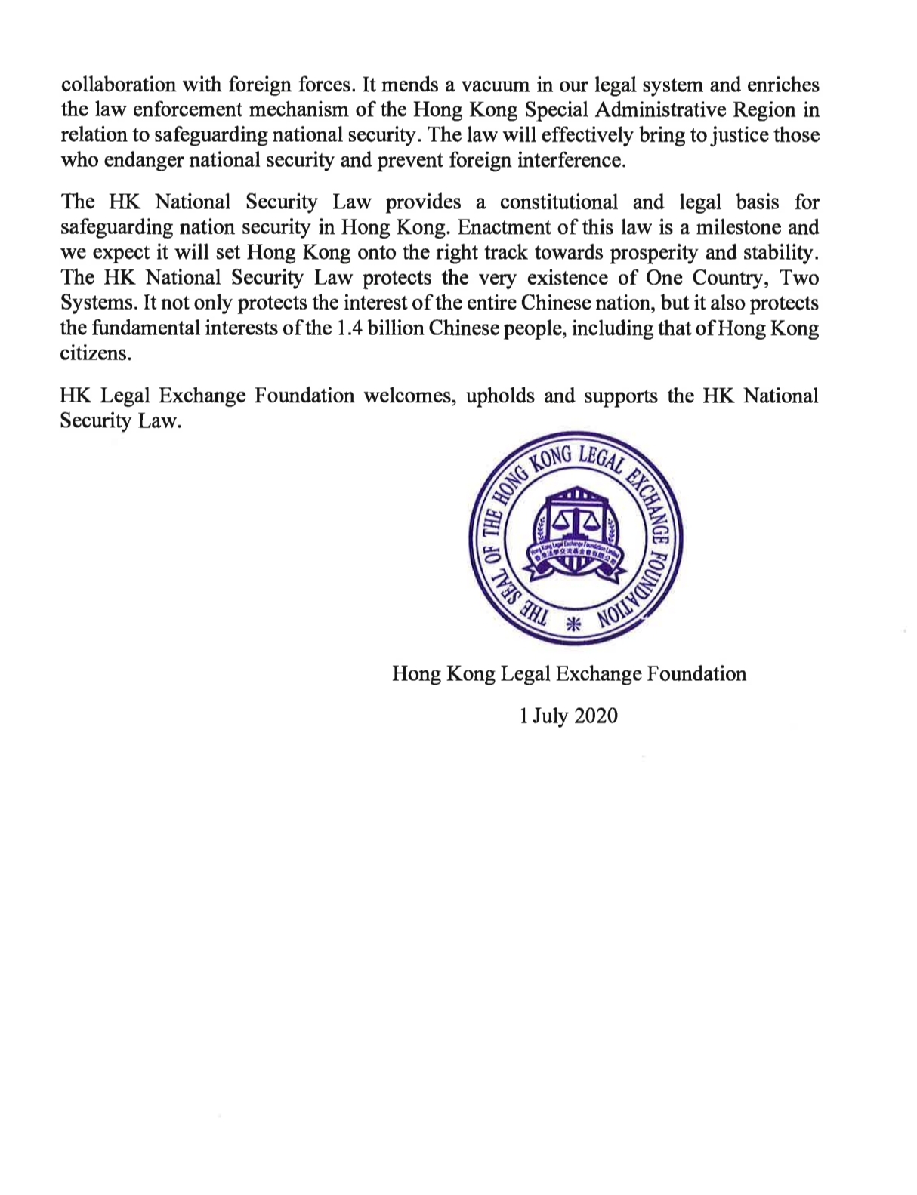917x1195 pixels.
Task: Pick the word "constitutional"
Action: click(559, 202)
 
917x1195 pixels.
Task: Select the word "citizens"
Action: click(95, 354)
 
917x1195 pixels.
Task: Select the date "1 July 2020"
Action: click(568, 716)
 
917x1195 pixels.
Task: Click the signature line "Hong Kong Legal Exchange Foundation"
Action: click(569, 673)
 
